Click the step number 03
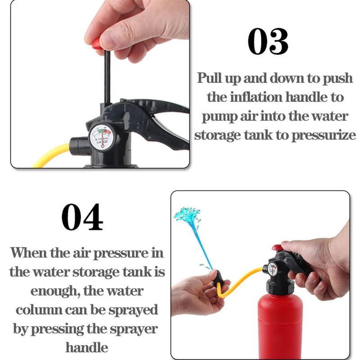point(268,41)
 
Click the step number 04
point(82,217)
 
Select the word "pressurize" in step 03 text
point(324,135)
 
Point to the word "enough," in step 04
point(55,291)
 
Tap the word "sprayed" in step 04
point(133,310)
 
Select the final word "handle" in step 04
point(87,347)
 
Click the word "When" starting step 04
point(28,253)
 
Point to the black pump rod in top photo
point(107,77)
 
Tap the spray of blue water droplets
point(187,215)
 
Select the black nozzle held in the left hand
point(218,279)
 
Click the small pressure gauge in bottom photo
point(273,269)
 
